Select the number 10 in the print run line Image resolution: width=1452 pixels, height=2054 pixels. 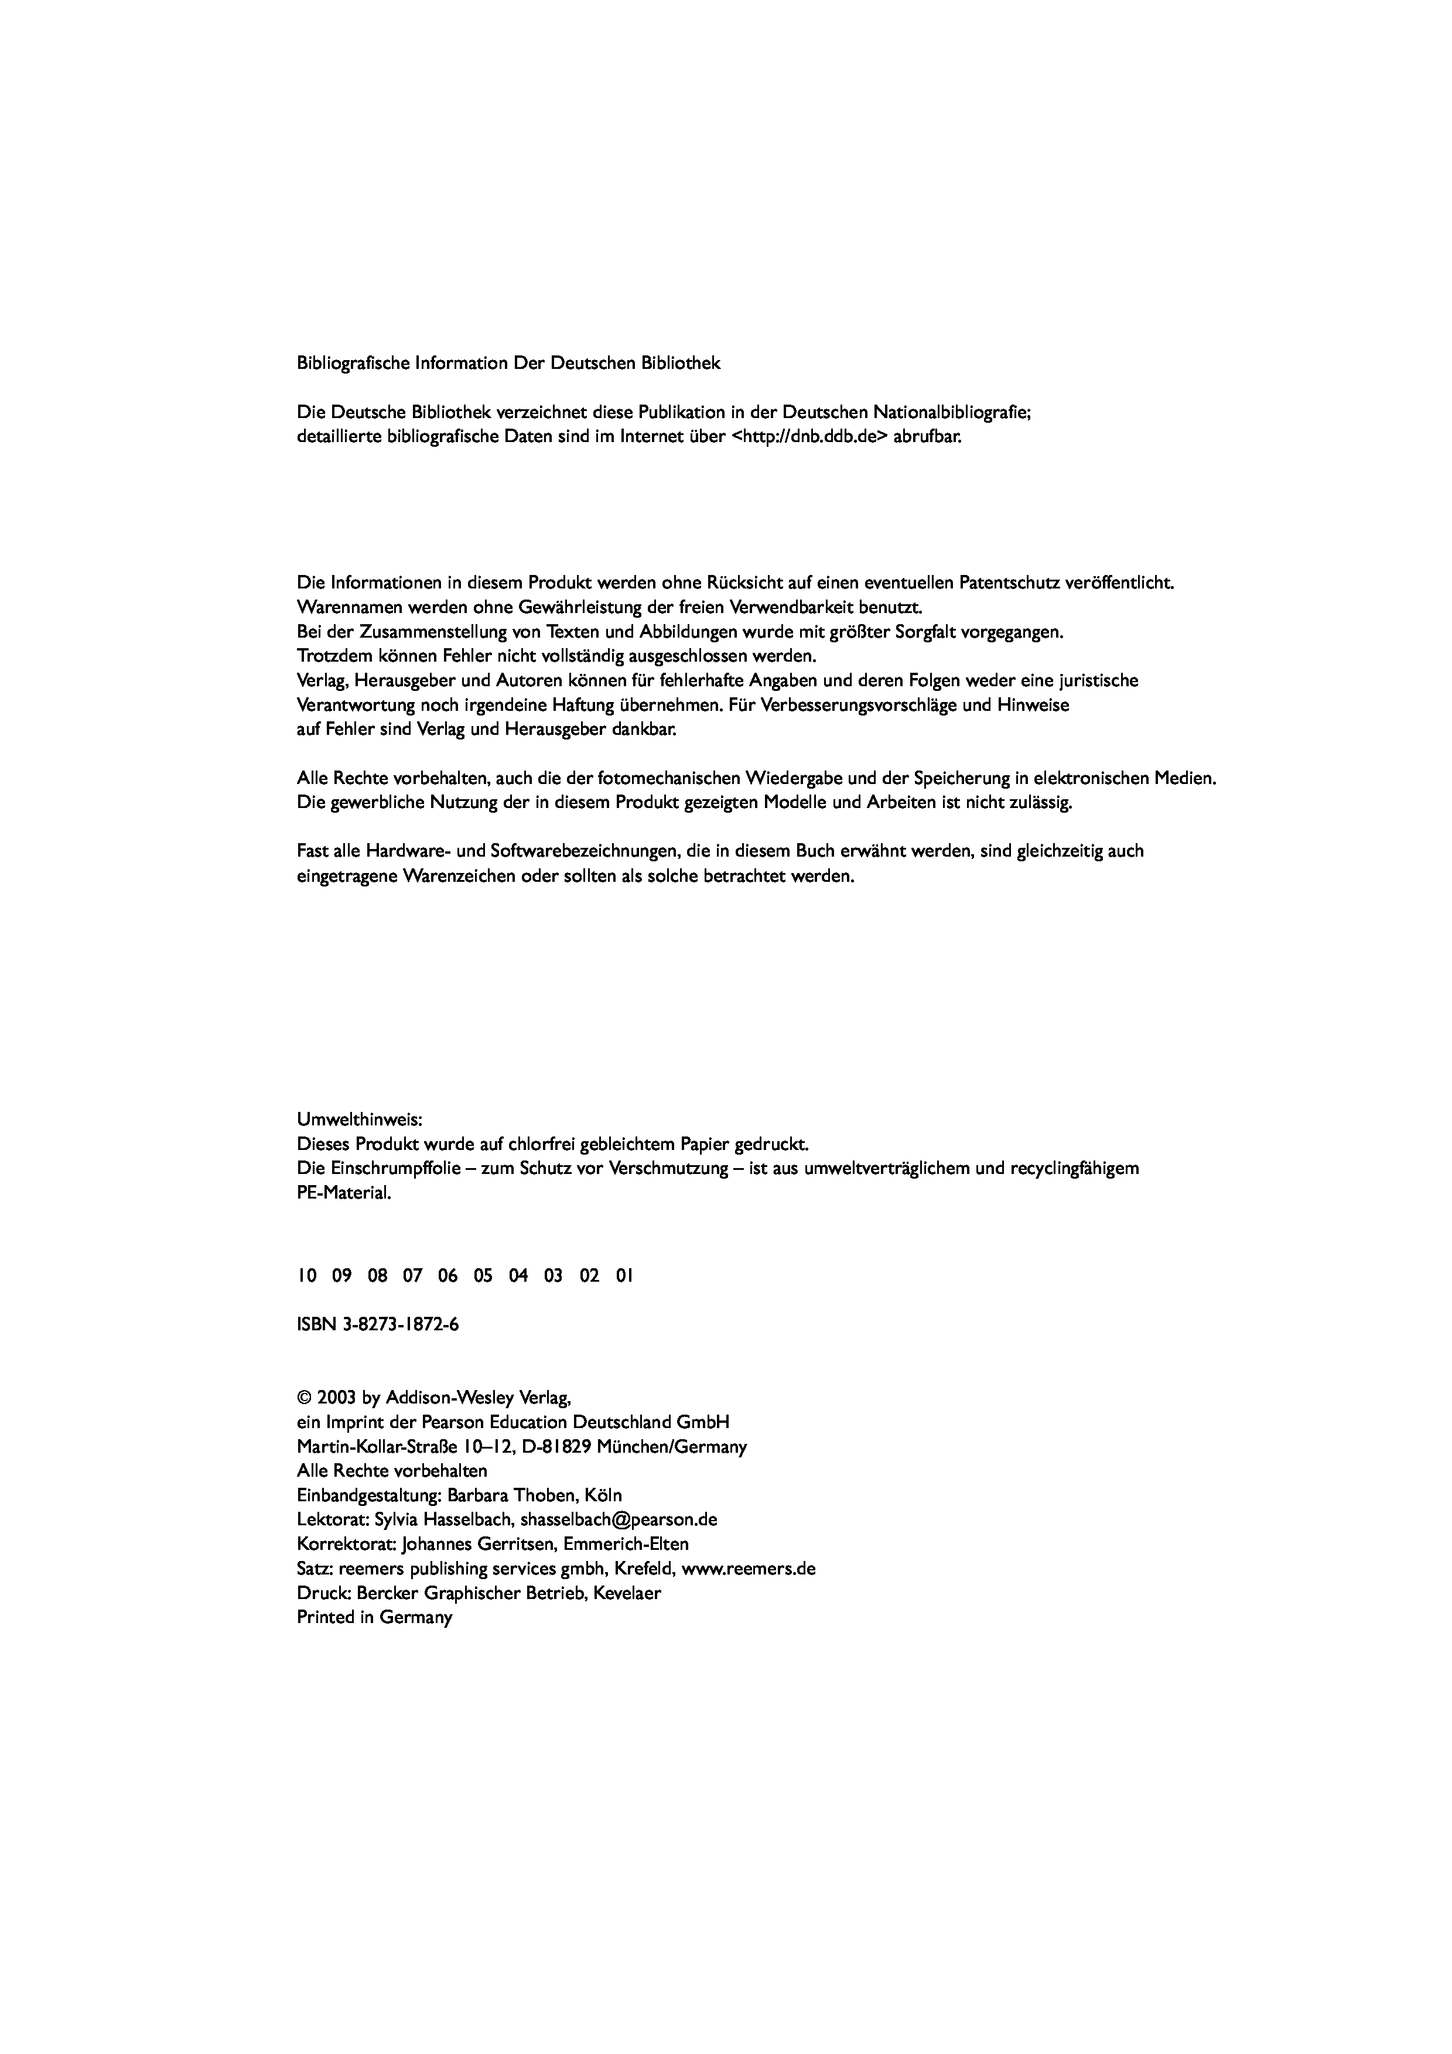307,1276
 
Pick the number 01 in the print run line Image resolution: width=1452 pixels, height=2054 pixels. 624,1276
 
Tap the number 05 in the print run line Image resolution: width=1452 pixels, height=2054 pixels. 483,1276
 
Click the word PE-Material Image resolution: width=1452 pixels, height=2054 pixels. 344,1193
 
